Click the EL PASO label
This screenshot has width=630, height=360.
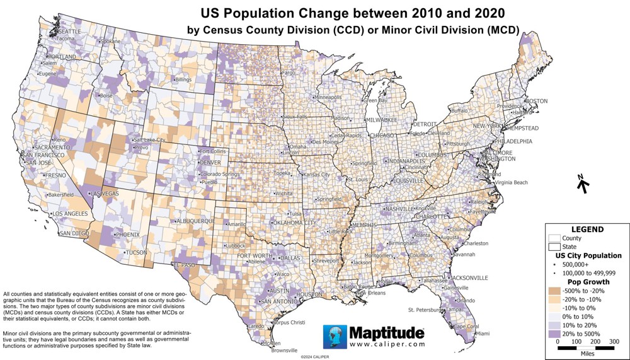(185, 265)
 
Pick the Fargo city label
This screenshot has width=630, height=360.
(289, 73)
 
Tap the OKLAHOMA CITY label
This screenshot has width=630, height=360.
(294, 223)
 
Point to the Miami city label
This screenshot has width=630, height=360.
(483, 333)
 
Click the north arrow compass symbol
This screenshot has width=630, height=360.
(583, 185)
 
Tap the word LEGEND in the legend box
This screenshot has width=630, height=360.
(587, 229)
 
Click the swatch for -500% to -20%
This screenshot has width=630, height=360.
(555, 291)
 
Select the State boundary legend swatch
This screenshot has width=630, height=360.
(555, 247)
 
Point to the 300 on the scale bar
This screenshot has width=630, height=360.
(614, 341)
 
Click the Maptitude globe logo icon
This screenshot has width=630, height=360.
(334, 335)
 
